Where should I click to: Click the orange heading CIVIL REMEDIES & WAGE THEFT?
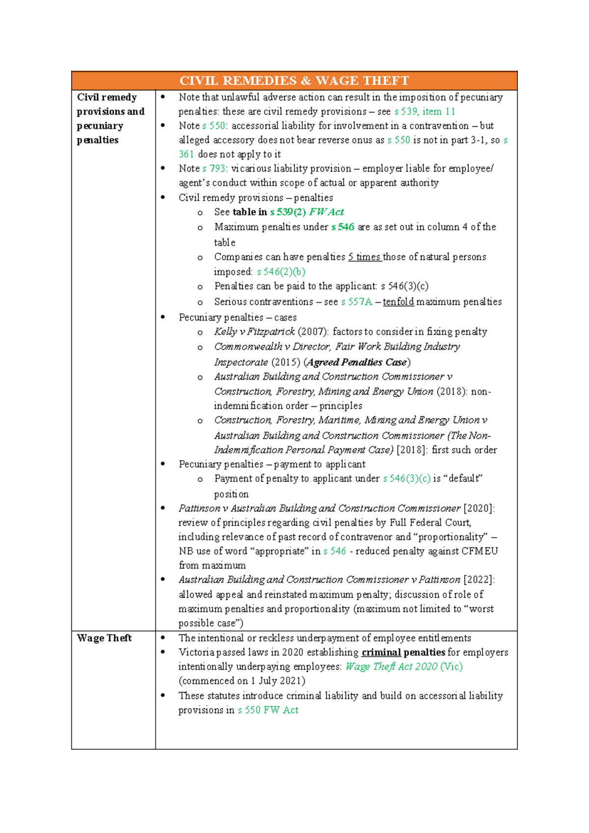[294, 81]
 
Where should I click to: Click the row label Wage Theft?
[104, 638]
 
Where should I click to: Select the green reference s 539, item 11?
[425, 111]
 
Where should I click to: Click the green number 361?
[186, 154]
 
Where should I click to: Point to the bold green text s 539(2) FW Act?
[307, 212]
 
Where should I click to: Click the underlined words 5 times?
[365, 257]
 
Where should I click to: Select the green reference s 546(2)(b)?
[281, 272]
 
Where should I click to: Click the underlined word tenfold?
[398, 302]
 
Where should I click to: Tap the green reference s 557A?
[356, 302]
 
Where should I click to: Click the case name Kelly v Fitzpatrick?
[254, 332]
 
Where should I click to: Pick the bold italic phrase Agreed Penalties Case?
[357, 362]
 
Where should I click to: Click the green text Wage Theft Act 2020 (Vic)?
[404, 666]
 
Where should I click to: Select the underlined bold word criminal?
[381, 652]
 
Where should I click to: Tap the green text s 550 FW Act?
[268, 710]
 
